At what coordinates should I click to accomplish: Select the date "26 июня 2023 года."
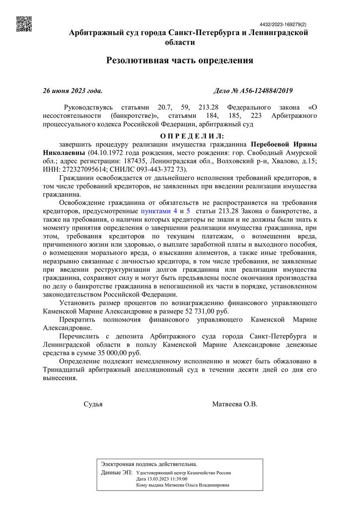pyautogui.click(x=72, y=91)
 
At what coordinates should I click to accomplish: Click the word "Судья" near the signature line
pyautogui.click(x=93, y=404)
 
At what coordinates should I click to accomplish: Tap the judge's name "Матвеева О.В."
pyautogui.click(x=235, y=404)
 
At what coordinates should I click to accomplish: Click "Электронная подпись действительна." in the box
pyautogui.click(x=149, y=464)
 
